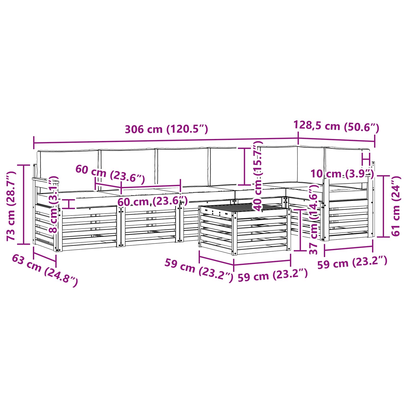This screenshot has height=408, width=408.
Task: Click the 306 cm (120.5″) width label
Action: [x=167, y=129]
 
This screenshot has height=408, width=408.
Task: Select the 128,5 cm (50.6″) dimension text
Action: [x=336, y=126]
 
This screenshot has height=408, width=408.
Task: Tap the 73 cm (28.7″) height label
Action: [x=11, y=206]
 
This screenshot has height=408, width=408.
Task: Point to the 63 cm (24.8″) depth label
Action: [x=45, y=271]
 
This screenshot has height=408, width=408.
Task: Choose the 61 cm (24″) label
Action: [x=396, y=206]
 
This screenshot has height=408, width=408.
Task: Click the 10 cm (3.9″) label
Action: [x=342, y=174]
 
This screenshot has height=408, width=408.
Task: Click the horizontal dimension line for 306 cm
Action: [x=166, y=141]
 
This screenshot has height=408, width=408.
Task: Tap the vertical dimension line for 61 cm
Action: [x=383, y=206]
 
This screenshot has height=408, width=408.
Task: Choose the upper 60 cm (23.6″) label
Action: [x=110, y=174]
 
